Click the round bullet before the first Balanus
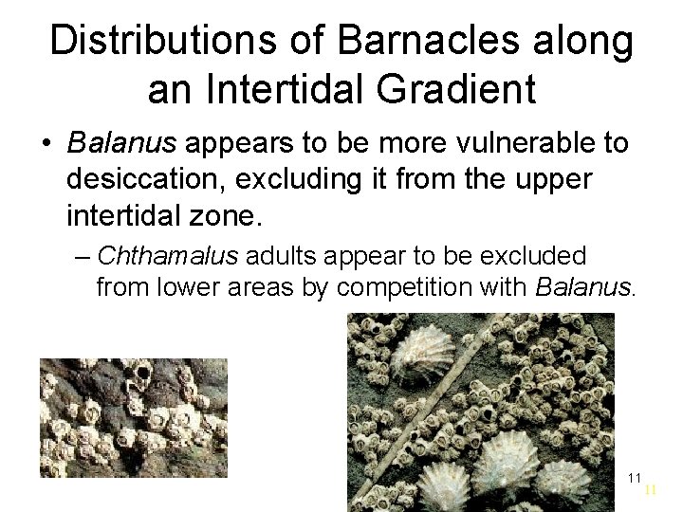click(46, 145)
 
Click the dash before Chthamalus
click(83, 256)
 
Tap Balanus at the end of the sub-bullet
click(581, 287)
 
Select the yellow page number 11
click(650, 490)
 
